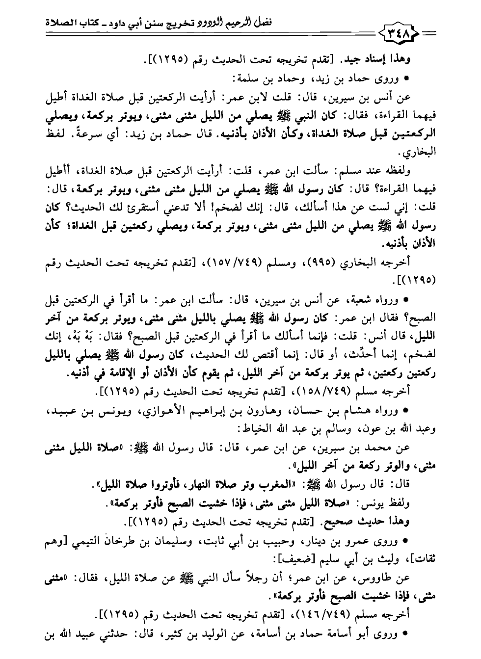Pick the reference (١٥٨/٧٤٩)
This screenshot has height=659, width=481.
click(x=319, y=391)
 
